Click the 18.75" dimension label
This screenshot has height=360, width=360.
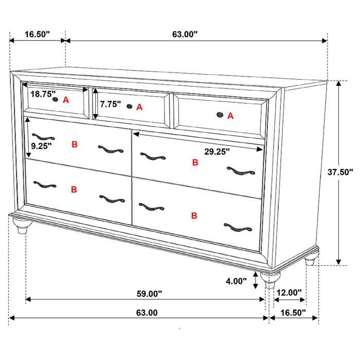43,94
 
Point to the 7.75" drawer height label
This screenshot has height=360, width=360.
111,104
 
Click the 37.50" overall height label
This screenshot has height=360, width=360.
340,173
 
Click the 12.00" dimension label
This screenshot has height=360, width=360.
289,293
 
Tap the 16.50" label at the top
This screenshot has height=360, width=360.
37,34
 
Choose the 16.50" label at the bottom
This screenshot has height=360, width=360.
292,312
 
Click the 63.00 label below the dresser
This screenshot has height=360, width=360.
147,312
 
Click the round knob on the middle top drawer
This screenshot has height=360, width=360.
130,106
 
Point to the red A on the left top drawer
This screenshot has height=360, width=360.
66,100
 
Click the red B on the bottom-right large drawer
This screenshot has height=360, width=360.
194,216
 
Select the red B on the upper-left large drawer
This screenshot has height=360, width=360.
75,145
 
